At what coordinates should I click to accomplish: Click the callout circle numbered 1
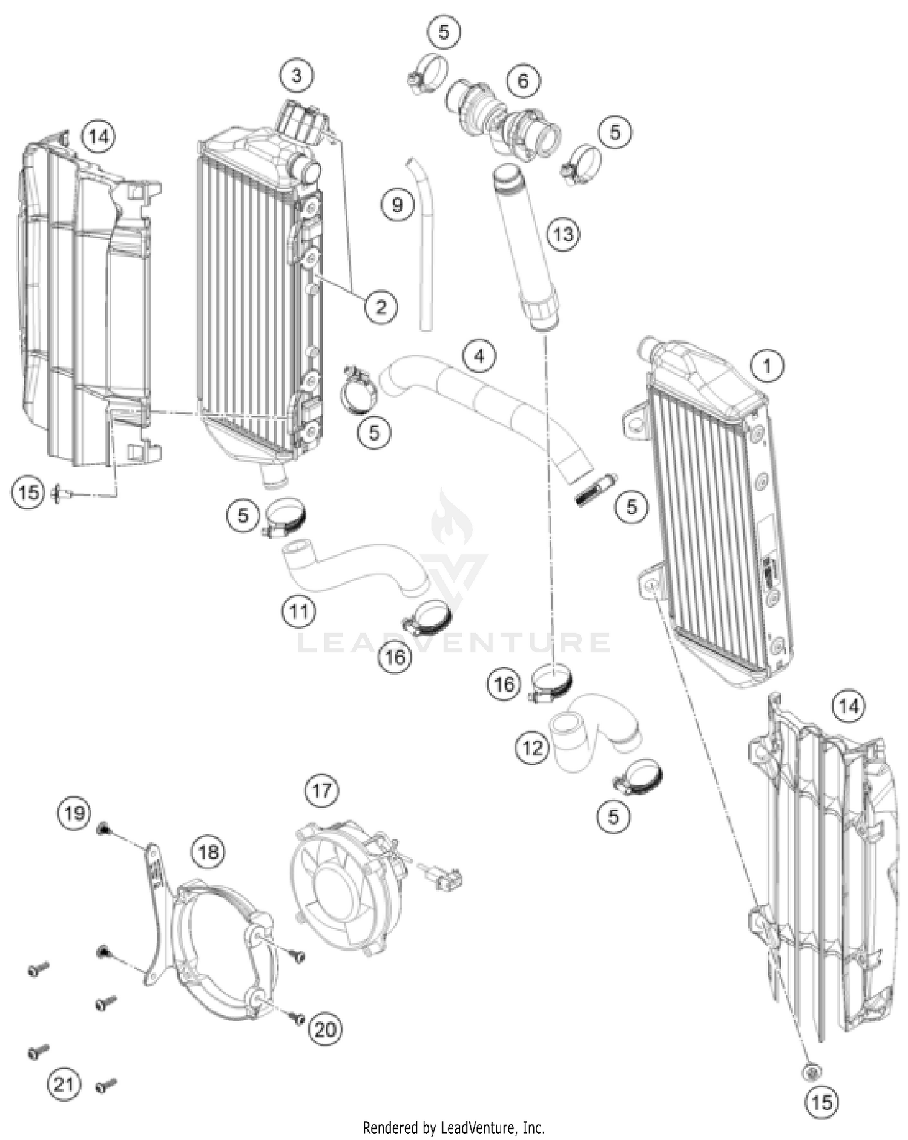click(x=768, y=366)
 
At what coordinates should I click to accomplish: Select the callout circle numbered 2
click(x=381, y=307)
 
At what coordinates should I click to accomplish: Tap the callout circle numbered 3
click(x=297, y=76)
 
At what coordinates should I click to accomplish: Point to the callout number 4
click(x=479, y=356)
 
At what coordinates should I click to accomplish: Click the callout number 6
click(x=523, y=80)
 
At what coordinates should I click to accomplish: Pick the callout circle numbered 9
click(x=398, y=205)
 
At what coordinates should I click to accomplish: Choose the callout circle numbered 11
click(x=299, y=612)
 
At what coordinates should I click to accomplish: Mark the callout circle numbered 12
click(x=533, y=748)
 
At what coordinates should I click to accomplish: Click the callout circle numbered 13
click(x=563, y=234)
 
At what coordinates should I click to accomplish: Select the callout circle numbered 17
click(x=321, y=790)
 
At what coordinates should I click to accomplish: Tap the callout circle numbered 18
click(x=208, y=852)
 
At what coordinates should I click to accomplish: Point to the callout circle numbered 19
click(x=74, y=813)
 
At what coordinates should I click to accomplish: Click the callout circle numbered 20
click(x=325, y=1029)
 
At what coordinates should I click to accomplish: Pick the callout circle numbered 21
click(x=64, y=1084)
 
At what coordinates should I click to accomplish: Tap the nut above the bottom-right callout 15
click(x=811, y=1071)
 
